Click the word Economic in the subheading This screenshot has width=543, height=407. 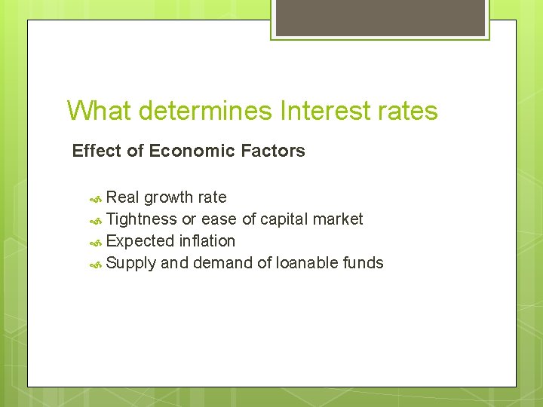coord(192,151)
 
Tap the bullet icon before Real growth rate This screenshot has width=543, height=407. coord(96,198)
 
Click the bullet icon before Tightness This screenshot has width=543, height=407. coord(96,220)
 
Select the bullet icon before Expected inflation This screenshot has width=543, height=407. coord(96,242)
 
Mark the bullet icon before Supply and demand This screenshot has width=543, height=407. coord(96,264)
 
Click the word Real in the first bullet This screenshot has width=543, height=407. coord(123,197)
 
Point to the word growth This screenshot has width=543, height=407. coord(169,198)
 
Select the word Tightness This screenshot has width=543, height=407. coord(142,219)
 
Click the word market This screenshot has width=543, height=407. coord(339,219)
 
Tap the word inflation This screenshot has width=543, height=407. coord(207,241)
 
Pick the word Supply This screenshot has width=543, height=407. coord(131,264)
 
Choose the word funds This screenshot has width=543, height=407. coord(363,263)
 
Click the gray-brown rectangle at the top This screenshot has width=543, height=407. coord(379,17)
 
